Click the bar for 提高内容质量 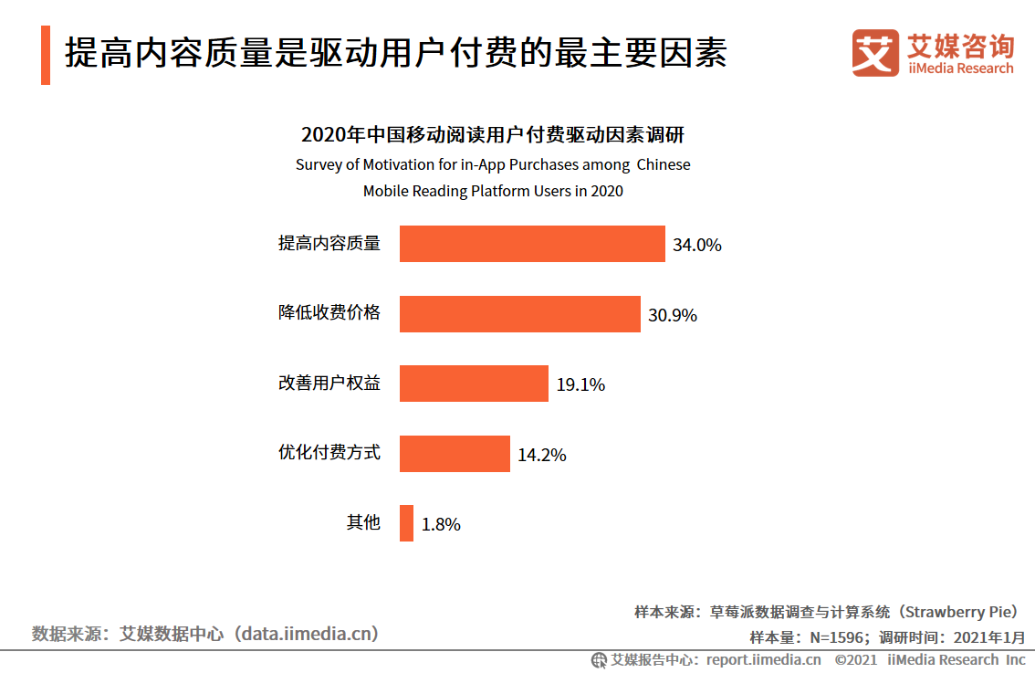532,244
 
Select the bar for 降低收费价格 519,314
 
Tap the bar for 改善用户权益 474,384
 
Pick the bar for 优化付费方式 455,454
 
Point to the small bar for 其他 406,523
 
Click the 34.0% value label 697,245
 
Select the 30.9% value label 673,315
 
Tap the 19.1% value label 580,384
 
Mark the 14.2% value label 542,455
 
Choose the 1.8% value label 441,524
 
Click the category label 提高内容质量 329,244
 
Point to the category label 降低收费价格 329,313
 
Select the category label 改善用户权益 329,384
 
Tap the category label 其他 362,523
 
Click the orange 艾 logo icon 875,53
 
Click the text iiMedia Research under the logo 961,68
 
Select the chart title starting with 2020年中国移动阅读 493,135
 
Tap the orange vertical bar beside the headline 46,56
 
